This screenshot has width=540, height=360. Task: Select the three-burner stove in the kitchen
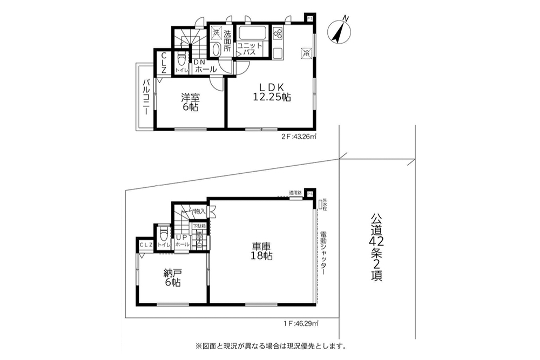pos(279,35)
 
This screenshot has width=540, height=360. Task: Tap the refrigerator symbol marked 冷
pos(306,53)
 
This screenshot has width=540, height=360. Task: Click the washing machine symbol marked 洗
pos(215,33)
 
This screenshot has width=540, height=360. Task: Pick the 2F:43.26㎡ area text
pos(299,137)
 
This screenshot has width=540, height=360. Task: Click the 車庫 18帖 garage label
pos(261,252)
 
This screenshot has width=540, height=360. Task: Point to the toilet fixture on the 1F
pos(164,235)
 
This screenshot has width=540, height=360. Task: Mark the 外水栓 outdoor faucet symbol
pos(321,204)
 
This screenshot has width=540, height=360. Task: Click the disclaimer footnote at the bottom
pos(269,345)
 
